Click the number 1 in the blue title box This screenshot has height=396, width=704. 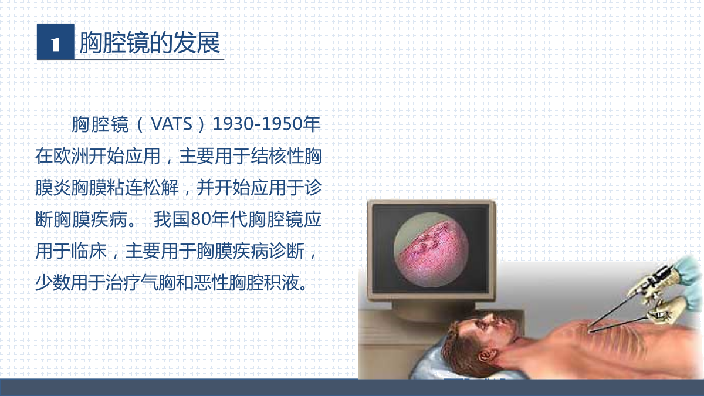click(56, 44)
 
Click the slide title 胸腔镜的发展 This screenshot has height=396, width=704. click(150, 42)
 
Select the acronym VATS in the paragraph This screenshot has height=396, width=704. click(171, 124)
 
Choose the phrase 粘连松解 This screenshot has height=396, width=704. click(143, 188)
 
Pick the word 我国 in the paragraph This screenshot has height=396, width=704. click(171, 219)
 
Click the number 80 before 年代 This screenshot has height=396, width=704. click(201, 219)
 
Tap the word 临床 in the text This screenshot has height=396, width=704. click(89, 251)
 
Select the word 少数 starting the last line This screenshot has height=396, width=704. click(53, 283)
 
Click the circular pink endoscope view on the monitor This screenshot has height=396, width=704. click(431, 249)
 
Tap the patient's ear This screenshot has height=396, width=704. click(486, 356)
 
